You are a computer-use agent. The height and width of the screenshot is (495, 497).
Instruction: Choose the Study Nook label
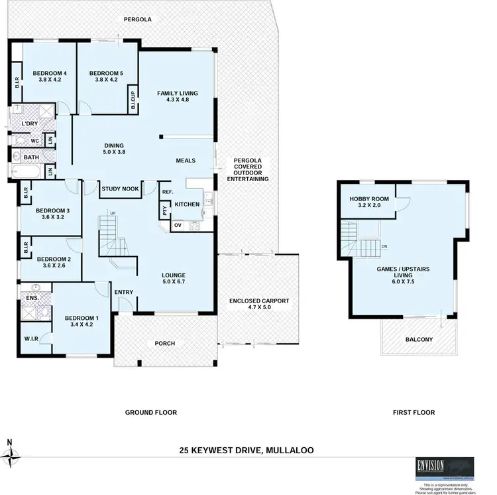pos(120,189)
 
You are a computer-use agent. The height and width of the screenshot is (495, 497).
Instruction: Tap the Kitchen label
pos(187,204)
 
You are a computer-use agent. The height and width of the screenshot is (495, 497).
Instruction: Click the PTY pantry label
pos(164,212)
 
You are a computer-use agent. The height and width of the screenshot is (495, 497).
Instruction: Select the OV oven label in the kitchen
pos(178,226)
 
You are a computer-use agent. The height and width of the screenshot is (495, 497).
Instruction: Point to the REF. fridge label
pos(167,192)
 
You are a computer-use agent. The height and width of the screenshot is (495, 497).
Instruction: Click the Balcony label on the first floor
pos(418,340)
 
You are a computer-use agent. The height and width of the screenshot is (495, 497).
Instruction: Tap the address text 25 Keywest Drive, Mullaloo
pos(247,450)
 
